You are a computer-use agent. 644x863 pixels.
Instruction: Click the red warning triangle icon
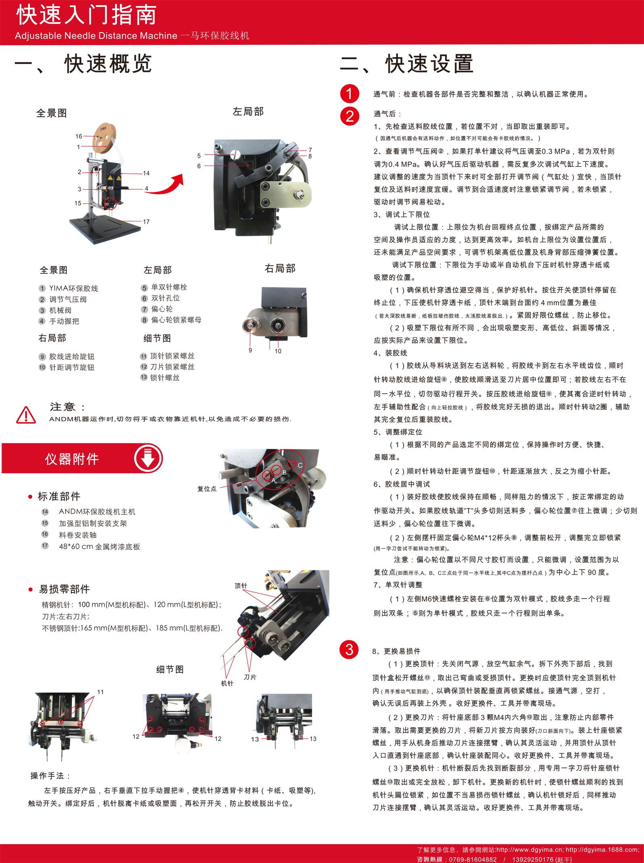pos(26,415)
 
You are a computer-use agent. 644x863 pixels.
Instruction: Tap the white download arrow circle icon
pos(148,458)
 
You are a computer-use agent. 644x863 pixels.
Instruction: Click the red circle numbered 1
pos(349,93)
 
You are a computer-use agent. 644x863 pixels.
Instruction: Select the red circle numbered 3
pos(349,650)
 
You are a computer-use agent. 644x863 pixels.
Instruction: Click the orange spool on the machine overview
pos(104,138)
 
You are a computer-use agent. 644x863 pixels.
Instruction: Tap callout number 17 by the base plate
pos(146,222)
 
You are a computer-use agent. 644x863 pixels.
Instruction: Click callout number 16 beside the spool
pos(79,136)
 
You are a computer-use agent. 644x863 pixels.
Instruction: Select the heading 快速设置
pos(429,64)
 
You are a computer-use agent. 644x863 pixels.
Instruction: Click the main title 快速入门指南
pos(86,15)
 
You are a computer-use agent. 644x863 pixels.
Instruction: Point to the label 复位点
pos(207,489)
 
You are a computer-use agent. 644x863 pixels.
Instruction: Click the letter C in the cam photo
pos(300,465)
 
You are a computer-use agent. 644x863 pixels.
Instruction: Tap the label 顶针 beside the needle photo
pos(241,586)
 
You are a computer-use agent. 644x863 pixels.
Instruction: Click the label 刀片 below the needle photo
pos(250,677)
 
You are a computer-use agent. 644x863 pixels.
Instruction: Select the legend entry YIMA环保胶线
pos(74,288)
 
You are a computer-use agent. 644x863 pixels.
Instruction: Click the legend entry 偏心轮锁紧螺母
pos(176,320)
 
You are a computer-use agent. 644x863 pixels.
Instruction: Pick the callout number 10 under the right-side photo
pos(278,351)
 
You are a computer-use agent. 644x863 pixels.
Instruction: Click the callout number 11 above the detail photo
pos(101,692)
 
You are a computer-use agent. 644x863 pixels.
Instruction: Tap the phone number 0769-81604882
pos(473,859)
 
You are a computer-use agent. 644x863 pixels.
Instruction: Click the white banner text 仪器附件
pos(72,458)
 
